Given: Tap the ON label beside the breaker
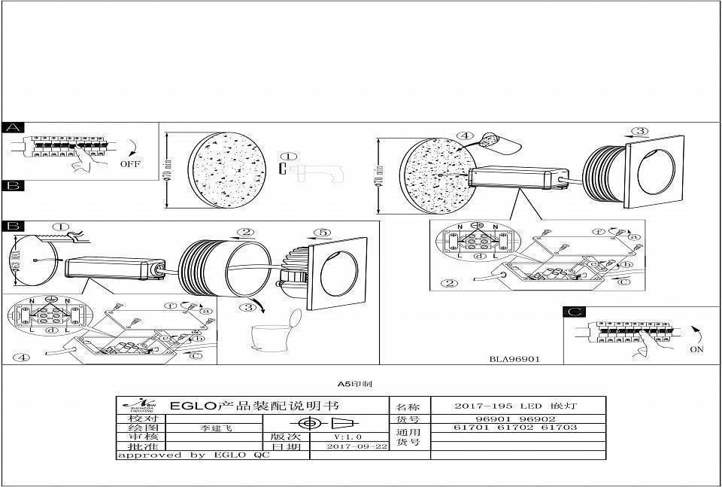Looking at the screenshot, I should (x=697, y=350).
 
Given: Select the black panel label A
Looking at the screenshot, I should (x=14, y=128).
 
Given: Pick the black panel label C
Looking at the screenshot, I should (x=574, y=312).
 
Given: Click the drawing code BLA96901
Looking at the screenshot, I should (x=514, y=359).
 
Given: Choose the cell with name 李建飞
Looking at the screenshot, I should (x=216, y=428).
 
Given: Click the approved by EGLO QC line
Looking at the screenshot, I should (x=193, y=455).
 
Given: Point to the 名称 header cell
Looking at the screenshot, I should (x=409, y=406).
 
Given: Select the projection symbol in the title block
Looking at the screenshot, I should (x=326, y=423).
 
